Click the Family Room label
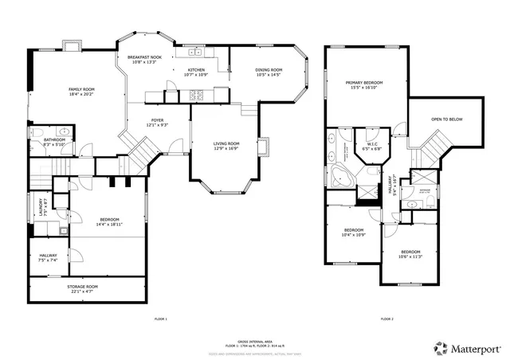pyautogui.click(x=80, y=92)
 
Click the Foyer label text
pyautogui.click(x=156, y=122)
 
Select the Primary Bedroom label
pyautogui.click(x=364, y=84)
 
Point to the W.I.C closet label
pyautogui.click(x=372, y=146)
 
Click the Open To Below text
pyautogui.click(x=446, y=120)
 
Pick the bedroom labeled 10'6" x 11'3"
pyautogui.click(x=410, y=253)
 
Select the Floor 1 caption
pyautogui.click(x=160, y=319)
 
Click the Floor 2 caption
pyautogui.click(x=387, y=319)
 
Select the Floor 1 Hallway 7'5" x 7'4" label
pyautogui.click(x=48, y=257)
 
